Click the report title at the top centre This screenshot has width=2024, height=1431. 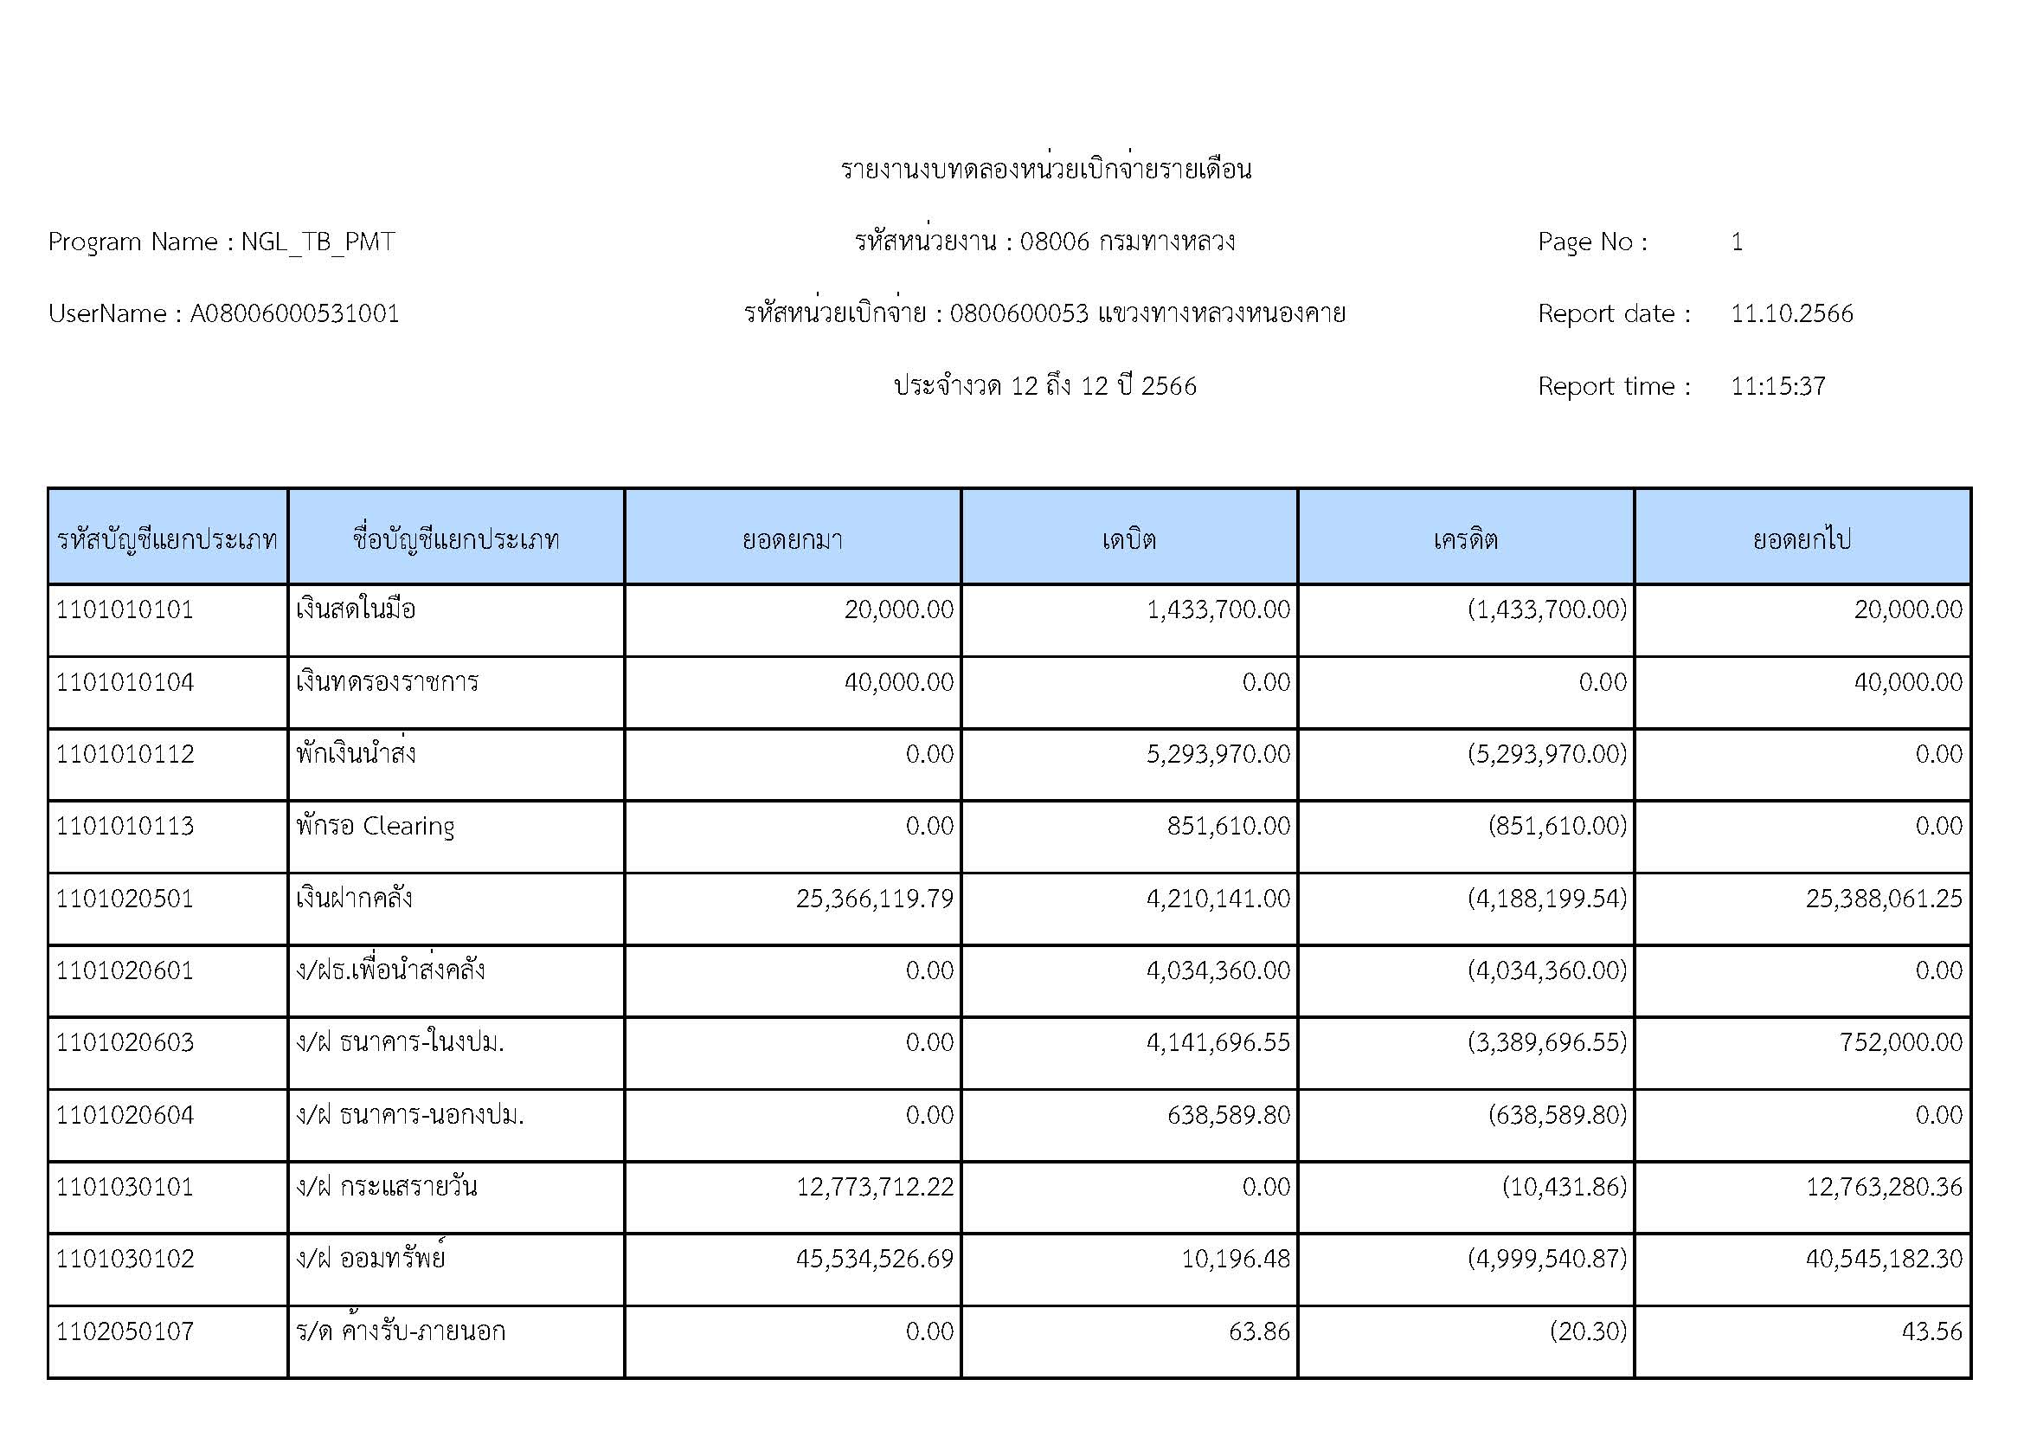(x=1045, y=169)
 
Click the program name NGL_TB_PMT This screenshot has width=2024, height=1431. (x=318, y=242)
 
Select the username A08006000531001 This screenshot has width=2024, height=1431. (x=294, y=314)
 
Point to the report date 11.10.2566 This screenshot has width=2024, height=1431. (x=1791, y=314)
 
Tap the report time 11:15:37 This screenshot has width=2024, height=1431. (x=1777, y=386)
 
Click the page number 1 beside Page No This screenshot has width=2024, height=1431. (x=1737, y=242)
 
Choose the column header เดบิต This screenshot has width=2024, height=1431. (x=1128, y=538)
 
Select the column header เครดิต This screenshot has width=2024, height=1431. (x=1465, y=538)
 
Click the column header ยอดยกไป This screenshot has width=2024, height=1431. (x=1802, y=538)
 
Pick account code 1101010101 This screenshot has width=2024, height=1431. (x=125, y=609)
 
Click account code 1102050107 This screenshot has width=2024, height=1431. (x=125, y=1331)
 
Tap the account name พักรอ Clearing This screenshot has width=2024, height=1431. (x=376, y=826)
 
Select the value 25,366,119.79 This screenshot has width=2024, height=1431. (x=875, y=899)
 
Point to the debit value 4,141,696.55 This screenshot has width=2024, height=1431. (x=1218, y=1042)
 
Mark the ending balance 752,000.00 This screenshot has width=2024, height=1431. (x=1900, y=1042)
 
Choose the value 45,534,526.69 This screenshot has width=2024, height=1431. (x=875, y=1258)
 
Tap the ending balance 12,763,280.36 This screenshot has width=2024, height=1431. (x=1884, y=1187)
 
